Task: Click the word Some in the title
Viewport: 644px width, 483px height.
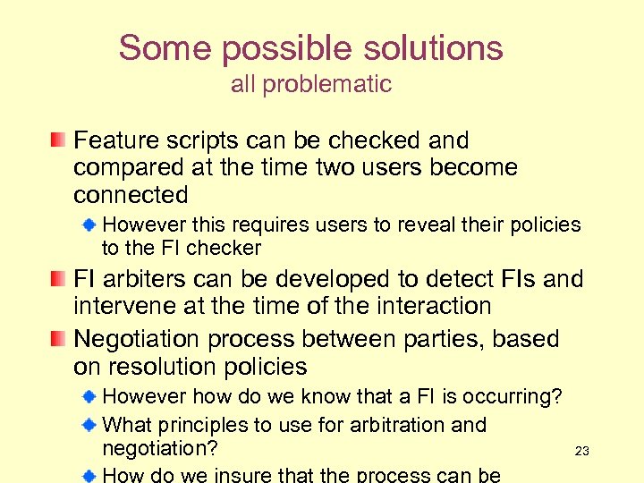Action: (x=157, y=48)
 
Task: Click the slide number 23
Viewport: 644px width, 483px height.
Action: (x=581, y=452)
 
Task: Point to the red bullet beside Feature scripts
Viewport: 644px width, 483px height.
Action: (x=58, y=140)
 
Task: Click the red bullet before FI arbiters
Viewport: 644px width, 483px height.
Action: (x=58, y=280)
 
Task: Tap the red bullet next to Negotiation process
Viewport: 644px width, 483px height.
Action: (x=58, y=339)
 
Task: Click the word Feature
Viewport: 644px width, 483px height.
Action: (x=114, y=140)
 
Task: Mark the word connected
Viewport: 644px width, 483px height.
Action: (x=131, y=195)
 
